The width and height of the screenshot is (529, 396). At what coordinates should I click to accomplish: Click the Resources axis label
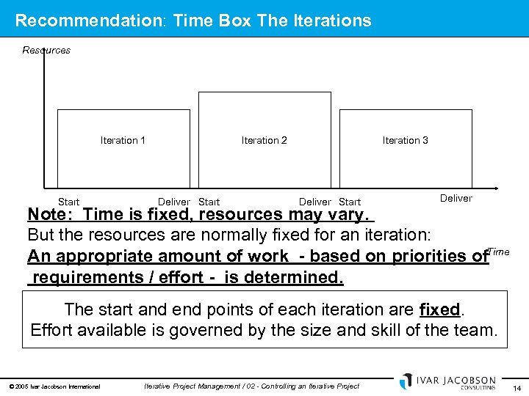(46, 50)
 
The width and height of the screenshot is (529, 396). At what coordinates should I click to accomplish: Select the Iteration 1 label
(123, 140)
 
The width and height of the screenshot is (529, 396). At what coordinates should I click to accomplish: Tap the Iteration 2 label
(264, 140)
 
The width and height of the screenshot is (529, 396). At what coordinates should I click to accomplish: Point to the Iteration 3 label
(405, 140)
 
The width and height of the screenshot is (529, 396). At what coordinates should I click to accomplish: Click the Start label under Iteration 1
(68, 202)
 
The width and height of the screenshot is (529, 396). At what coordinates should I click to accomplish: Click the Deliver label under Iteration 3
(456, 198)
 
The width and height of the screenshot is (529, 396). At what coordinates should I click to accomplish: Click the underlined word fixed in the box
(439, 309)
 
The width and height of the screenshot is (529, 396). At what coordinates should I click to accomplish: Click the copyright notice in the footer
(54, 386)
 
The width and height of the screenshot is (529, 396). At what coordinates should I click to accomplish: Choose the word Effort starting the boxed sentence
(52, 330)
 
